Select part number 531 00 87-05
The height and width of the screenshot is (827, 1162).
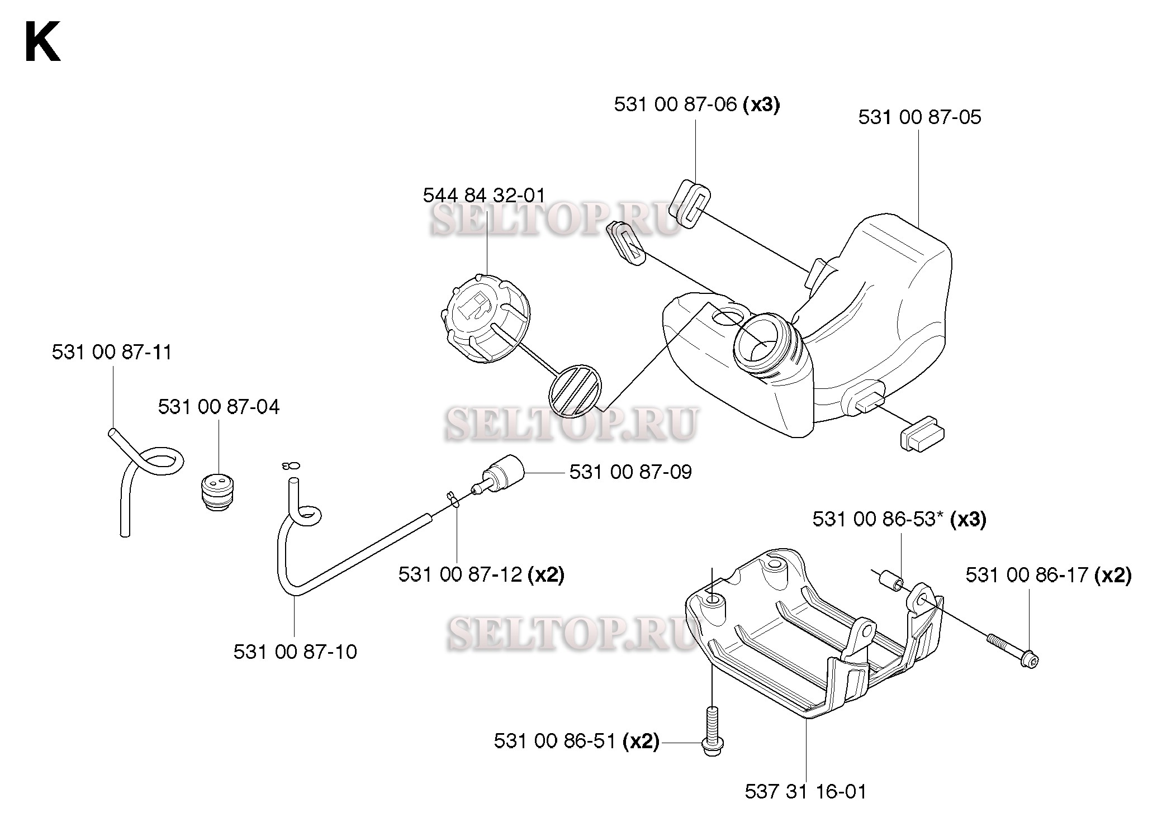tap(919, 117)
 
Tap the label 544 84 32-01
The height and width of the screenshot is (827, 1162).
tap(484, 196)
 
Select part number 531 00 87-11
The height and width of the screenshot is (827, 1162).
tap(112, 353)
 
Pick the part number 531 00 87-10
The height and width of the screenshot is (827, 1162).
tap(295, 652)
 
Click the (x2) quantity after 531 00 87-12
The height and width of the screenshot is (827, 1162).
tap(546, 575)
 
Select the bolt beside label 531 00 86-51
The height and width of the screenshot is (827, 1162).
tap(712, 731)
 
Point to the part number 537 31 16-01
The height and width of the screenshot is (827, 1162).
tap(806, 791)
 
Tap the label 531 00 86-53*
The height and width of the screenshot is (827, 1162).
tap(879, 519)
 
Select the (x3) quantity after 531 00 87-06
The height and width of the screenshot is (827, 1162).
tap(761, 104)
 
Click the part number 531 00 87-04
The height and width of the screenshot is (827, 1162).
tap(219, 407)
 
